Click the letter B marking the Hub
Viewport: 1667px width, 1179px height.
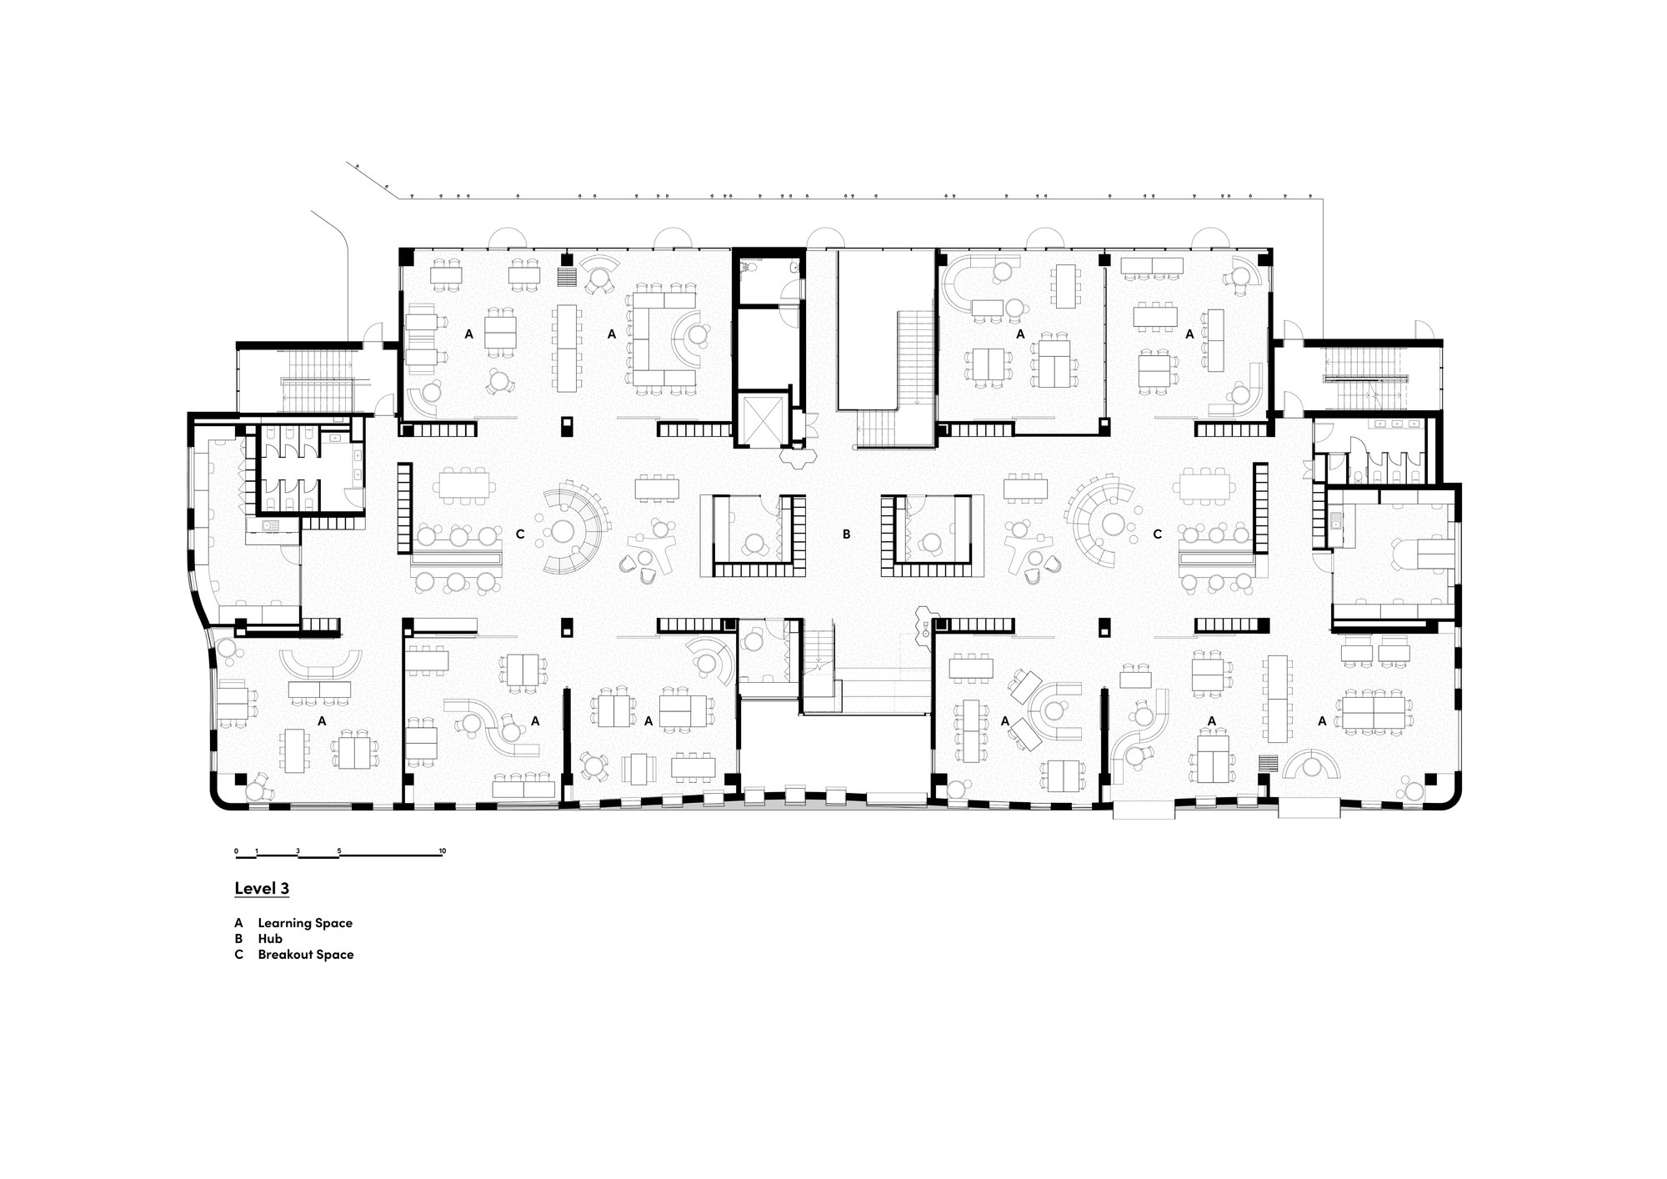click(x=846, y=534)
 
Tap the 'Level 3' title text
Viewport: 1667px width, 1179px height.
click(x=262, y=889)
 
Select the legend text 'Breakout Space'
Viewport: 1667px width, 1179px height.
click(x=305, y=955)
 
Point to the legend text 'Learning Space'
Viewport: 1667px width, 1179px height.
click(x=305, y=923)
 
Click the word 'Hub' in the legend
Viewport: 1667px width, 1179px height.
click(x=270, y=939)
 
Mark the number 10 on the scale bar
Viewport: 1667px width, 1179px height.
click(x=443, y=851)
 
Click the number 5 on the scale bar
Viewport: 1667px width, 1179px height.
click(x=339, y=851)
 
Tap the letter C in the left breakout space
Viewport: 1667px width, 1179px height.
click(x=520, y=534)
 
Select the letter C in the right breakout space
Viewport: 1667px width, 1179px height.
click(x=1157, y=534)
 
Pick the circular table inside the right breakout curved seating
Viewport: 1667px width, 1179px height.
click(x=1114, y=524)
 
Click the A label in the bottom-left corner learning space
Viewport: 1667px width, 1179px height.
click(x=322, y=720)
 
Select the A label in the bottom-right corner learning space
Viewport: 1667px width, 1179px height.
click(x=1322, y=721)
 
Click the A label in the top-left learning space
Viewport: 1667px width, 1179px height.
click(x=468, y=334)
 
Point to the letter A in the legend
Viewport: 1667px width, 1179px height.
click(x=238, y=923)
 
